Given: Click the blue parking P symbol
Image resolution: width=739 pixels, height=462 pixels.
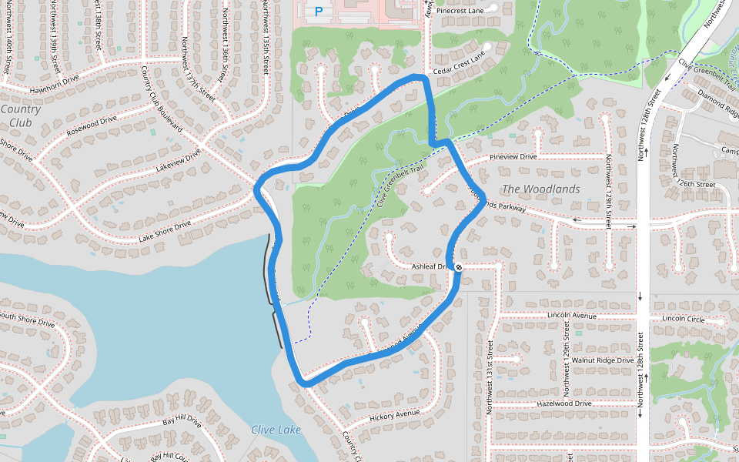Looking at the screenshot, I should coord(318,12).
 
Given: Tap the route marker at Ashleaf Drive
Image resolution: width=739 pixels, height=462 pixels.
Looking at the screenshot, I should coord(459,267).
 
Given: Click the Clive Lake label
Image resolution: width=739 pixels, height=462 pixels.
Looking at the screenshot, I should coord(276,430).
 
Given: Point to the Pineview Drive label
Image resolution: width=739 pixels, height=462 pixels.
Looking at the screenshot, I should coord(513,157).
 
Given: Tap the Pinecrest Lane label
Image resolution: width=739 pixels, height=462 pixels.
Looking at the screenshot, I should coord(460,11).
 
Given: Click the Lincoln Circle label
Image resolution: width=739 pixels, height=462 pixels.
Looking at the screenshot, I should coord(683,319).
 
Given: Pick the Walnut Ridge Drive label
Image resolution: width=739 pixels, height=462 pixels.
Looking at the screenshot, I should coord(603,360).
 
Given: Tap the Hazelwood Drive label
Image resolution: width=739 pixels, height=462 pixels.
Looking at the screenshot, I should coord(564,403).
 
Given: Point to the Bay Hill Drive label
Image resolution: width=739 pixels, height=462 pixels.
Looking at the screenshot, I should coord(182,423).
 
